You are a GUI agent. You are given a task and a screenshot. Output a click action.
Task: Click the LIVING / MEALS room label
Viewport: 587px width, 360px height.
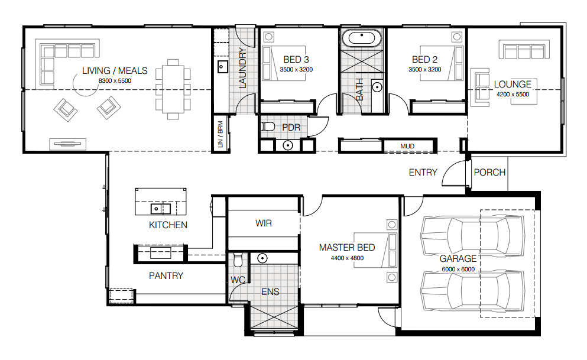coord(115,71)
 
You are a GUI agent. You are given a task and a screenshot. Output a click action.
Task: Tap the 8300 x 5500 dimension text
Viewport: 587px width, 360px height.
coord(115,81)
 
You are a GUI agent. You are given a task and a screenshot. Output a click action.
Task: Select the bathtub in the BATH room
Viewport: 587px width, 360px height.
coord(362,38)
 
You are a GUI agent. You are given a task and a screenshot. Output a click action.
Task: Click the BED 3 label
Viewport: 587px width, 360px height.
coord(296,60)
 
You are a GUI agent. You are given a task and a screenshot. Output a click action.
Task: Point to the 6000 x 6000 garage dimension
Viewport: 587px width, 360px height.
coord(458,269)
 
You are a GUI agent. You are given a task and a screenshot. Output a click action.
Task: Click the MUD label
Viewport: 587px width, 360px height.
coord(407,147)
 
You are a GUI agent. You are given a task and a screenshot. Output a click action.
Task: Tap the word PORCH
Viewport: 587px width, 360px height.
coord(489,173)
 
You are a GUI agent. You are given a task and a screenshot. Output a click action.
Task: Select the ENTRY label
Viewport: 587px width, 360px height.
coord(423,173)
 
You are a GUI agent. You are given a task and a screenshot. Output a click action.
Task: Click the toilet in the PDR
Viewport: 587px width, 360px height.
coord(267,127)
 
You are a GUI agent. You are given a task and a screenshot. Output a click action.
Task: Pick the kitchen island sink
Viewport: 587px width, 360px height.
coord(161,209)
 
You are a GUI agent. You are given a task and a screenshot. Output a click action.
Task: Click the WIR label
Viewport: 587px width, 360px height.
coord(264,223)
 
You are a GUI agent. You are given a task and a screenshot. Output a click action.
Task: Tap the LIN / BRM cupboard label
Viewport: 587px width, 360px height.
coord(220,134)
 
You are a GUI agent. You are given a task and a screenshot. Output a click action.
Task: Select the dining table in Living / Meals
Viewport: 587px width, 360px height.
coord(173,89)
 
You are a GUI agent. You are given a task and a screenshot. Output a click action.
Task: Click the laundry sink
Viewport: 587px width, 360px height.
coord(222,67)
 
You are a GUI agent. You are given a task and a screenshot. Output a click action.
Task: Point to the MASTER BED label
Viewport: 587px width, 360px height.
coord(347,247)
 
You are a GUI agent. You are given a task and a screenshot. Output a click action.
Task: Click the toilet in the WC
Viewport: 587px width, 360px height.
coord(238,260)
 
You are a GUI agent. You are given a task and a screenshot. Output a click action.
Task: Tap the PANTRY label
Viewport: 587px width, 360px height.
coord(166,276)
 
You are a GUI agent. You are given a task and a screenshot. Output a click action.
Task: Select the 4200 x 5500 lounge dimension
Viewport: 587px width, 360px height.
coord(513,95)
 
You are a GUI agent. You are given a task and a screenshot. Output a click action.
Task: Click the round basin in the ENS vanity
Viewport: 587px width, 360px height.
coord(262,258)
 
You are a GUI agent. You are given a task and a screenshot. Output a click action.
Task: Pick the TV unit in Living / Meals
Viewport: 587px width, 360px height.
coord(68,144)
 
